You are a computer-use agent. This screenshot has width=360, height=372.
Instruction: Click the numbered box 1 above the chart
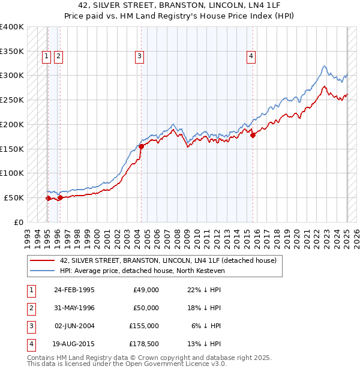pyautogui.click(x=47, y=57)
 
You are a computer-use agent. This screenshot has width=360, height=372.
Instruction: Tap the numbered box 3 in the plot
pyautogui.click(x=139, y=57)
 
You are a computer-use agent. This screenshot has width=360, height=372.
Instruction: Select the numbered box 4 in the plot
pyautogui.click(x=251, y=57)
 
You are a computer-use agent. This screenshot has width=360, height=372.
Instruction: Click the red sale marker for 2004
pyautogui.click(x=141, y=146)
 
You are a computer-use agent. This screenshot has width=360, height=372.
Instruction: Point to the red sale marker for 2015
pyautogui.click(x=253, y=135)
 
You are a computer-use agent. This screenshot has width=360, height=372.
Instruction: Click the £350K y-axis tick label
pyautogui.click(x=12, y=52)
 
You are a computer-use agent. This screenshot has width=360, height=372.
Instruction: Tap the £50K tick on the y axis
pyautogui.click(x=14, y=197)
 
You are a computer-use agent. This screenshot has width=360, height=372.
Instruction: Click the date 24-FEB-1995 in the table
pyautogui.click(x=74, y=290)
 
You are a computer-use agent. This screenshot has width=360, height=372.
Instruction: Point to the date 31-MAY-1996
pyautogui.click(x=74, y=308)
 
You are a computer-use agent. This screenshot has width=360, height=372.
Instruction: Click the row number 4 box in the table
pyautogui.click(x=31, y=344)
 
